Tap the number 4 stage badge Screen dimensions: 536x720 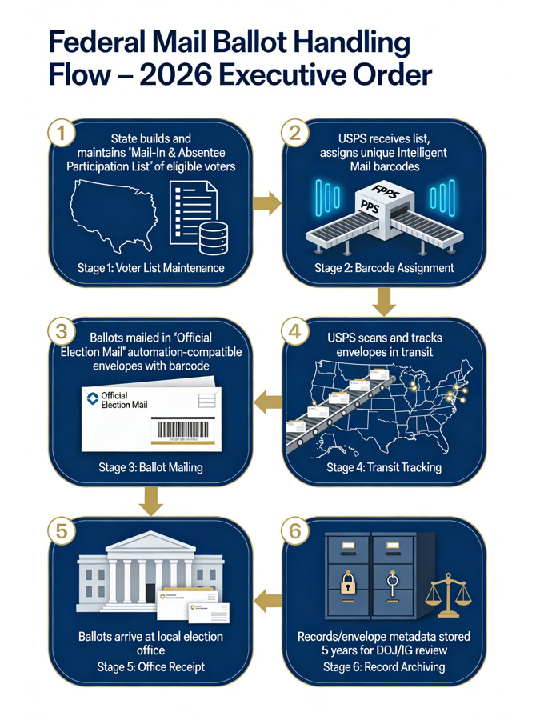[295, 332]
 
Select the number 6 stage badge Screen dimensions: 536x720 [295, 529]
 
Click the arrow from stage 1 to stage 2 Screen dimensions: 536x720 [267, 204]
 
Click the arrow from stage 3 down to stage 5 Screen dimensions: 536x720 [150, 500]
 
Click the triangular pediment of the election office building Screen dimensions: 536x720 [151, 543]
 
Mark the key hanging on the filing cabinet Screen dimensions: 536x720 [391, 582]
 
